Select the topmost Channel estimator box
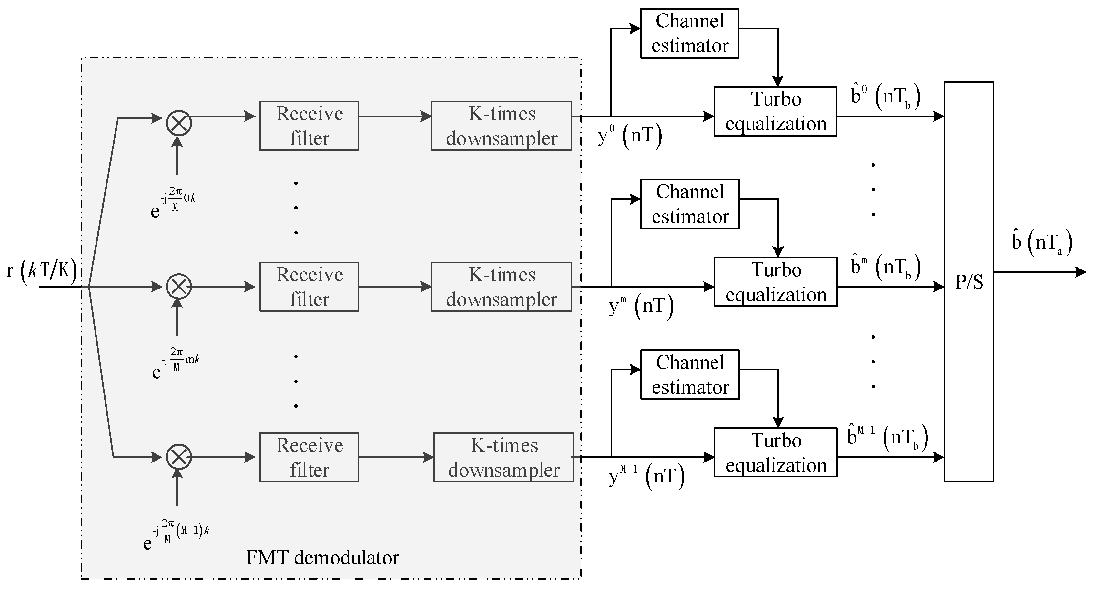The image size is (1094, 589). point(689,34)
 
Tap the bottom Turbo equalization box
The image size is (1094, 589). point(775,452)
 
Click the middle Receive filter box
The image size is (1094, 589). point(309,287)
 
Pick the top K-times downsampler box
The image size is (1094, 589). point(501,126)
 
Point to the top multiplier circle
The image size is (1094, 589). point(179,124)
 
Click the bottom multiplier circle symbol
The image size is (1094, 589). point(179,457)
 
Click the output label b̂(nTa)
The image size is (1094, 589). point(1042,243)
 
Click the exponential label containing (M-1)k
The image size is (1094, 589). point(176,535)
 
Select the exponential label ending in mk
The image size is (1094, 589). point(176,363)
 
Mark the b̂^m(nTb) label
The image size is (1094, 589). point(886,267)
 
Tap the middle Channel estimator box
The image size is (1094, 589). point(690,204)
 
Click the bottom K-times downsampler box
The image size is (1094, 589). point(504,457)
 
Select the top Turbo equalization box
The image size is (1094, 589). point(775,111)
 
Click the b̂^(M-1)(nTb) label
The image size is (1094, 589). point(887,437)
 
